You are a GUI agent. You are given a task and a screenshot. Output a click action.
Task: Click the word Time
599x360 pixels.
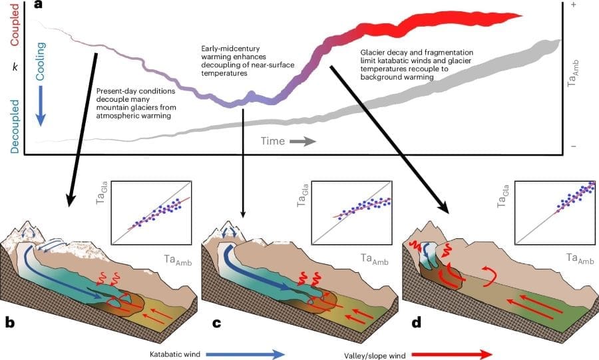point(273,141)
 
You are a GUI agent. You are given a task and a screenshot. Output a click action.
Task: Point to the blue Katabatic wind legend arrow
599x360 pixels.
point(246,353)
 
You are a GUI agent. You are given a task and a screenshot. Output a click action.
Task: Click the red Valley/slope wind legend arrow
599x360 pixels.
point(453,353)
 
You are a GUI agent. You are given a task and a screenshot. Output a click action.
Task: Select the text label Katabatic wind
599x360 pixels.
point(172,353)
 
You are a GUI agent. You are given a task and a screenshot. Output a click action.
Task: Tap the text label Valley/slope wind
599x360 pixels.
point(371,353)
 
